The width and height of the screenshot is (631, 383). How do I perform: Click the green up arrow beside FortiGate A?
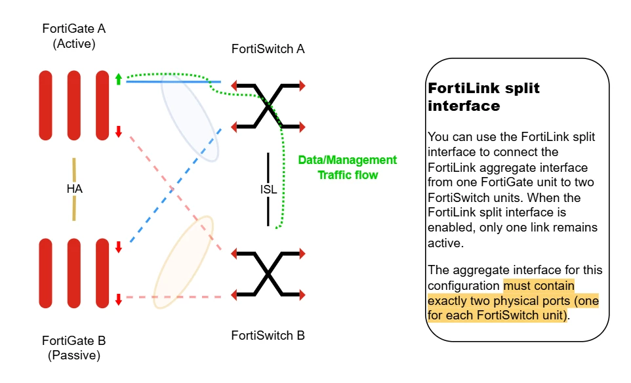(118, 79)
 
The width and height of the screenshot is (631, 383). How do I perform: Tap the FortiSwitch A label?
(268, 49)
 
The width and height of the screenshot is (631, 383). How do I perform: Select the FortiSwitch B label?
(268, 336)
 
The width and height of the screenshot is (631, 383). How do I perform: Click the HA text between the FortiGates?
(75, 189)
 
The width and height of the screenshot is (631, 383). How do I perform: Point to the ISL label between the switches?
(268, 189)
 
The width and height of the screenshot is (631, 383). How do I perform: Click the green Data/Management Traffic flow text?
(347, 167)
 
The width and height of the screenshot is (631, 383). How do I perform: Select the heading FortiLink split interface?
(483, 96)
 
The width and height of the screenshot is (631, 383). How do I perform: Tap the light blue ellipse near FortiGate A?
(190, 117)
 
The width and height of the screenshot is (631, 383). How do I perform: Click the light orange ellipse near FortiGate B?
(184, 262)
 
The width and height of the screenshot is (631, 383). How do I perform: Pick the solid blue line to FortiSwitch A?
(173, 82)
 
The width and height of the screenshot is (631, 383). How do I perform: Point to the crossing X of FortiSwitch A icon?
(268, 106)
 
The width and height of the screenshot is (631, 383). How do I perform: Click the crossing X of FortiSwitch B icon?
(268, 274)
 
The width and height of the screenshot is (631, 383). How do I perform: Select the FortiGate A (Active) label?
(74, 36)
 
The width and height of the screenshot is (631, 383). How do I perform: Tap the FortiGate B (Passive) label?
(74, 348)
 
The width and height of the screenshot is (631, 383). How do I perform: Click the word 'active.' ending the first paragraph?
(445, 243)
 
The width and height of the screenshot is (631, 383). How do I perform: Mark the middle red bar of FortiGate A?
(74, 106)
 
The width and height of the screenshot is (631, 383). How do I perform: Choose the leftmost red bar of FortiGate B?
(45, 273)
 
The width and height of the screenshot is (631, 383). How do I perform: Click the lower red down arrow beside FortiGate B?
(118, 299)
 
